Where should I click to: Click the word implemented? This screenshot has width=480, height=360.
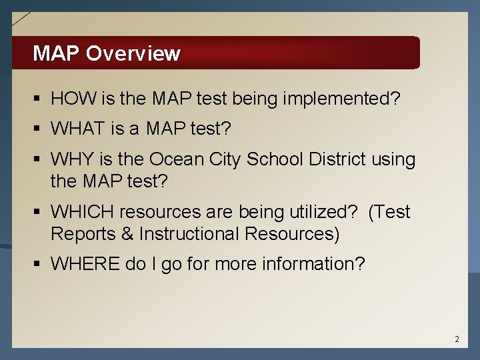click(x=341, y=99)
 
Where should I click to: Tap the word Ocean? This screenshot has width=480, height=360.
click(x=174, y=160)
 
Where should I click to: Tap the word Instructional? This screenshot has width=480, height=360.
click(x=189, y=235)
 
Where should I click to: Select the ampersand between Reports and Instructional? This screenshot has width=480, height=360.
click(x=129, y=235)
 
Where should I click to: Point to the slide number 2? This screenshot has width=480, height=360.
click(x=457, y=339)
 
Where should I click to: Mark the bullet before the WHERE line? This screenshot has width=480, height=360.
click(x=38, y=265)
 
